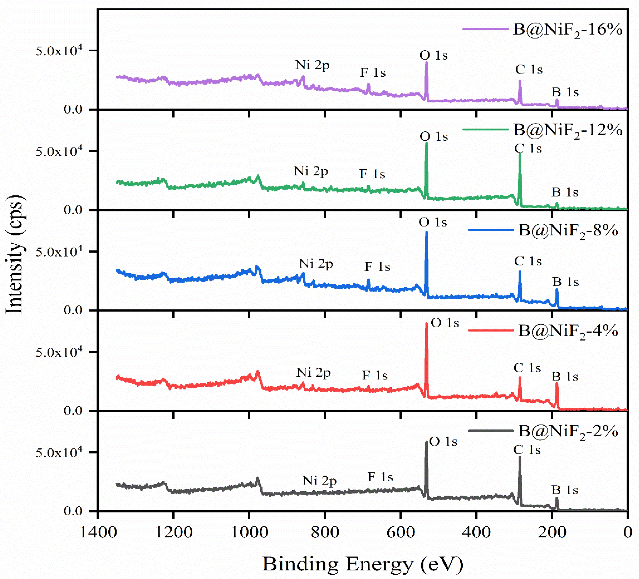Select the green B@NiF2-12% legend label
[567, 130]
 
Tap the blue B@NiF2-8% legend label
[568, 231]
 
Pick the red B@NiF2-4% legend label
[568, 331]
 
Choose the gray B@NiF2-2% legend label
[568, 431]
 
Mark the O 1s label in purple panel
[433, 55]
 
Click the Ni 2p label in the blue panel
[316, 264]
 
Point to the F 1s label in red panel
[375, 376]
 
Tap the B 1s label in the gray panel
[565, 490]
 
